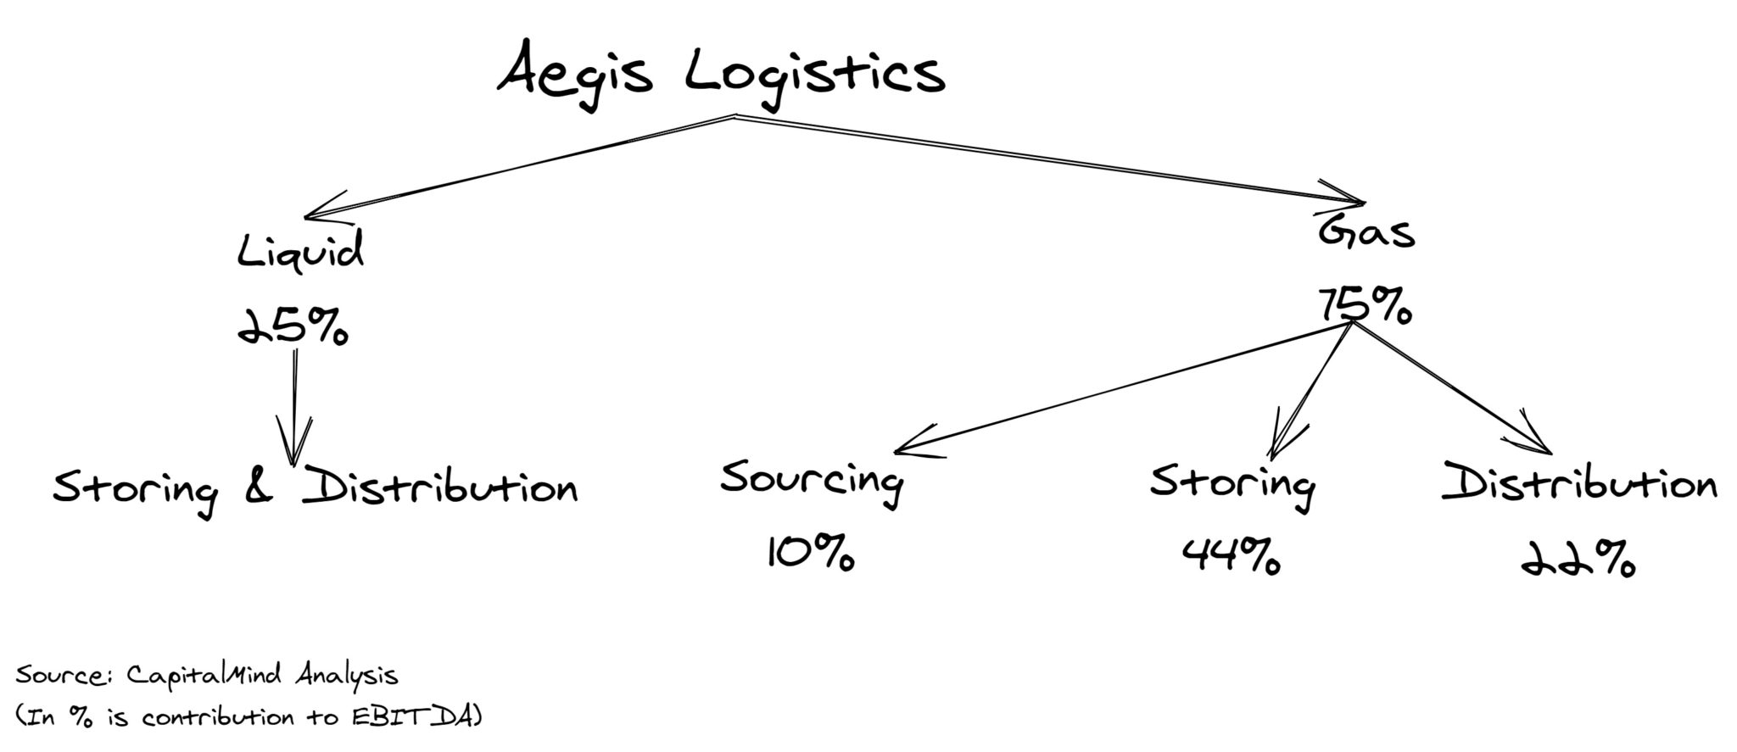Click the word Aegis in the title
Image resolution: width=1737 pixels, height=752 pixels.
tap(575, 75)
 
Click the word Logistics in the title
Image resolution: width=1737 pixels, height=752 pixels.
tap(814, 75)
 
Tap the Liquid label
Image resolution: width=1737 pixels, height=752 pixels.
tap(300, 252)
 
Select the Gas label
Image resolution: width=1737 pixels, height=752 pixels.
tap(1366, 231)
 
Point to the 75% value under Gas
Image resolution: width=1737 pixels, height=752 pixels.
tap(1365, 304)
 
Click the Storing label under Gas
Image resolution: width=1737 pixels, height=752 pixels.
tap(1232, 485)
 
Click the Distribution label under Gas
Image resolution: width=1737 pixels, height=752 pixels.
tap(1579, 485)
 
